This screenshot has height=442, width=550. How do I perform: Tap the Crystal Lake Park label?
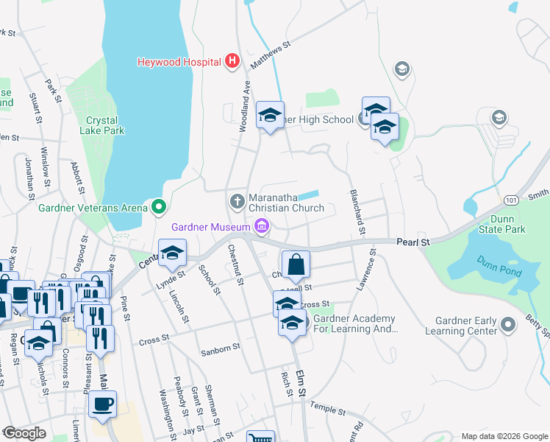[x=104, y=125]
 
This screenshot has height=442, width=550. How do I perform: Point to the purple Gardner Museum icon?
[x=260, y=225]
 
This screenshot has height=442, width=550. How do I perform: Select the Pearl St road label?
[x=413, y=242]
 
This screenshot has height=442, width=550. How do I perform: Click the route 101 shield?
[x=510, y=199]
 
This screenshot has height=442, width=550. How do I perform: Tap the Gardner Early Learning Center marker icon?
[x=507, y=324]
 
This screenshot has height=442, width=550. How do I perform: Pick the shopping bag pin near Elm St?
[x=295, y=264]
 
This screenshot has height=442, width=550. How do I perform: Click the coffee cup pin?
[x=102, y=404]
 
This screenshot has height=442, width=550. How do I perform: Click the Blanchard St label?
[x=356, y=207]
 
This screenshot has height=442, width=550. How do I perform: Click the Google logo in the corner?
[x=24, y=433]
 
